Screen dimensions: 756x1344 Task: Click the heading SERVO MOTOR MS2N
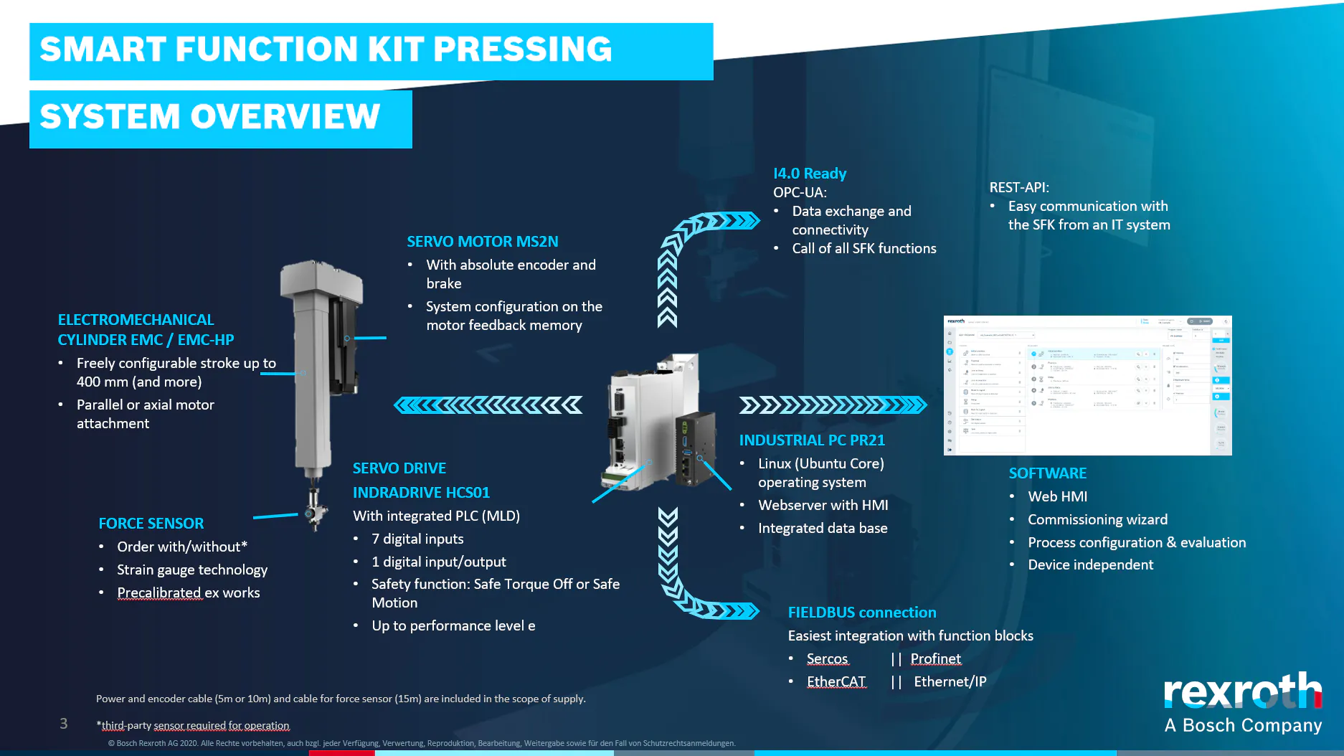482,242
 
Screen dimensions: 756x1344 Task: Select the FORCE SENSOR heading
151,524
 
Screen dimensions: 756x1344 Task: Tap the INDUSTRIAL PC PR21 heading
812,440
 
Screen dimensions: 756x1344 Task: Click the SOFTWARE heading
1047,473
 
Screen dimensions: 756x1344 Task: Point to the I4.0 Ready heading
810,174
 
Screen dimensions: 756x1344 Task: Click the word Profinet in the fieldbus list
935,658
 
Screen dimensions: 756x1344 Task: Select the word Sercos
827,658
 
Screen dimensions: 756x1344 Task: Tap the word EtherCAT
836,681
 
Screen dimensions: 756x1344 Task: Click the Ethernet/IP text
950,681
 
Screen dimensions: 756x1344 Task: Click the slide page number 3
64,724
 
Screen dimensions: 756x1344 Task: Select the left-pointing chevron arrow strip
488,405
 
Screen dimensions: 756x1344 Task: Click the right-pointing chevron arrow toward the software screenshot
833,405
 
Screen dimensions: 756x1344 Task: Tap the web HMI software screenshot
1087,385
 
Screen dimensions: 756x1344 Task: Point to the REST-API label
1019,187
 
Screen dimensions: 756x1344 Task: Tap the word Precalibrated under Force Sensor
158,592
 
